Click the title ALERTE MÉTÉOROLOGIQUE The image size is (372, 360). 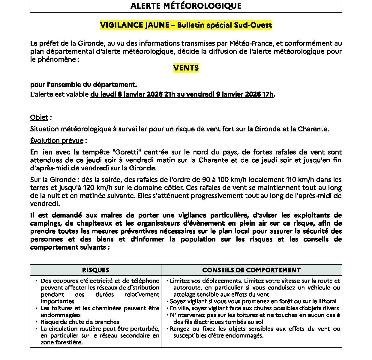pos(186,6)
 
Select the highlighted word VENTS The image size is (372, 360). pos(186,68)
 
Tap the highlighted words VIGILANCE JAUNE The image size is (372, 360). pos(135,25)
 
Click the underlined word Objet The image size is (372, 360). pos(39,117)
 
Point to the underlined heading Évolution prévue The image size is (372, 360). pos(57,140)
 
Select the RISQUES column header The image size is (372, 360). pos(95,270)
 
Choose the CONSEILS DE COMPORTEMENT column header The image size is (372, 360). pos(251,270)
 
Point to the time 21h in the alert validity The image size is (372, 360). pos(168,94)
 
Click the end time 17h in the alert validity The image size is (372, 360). pos(268,94)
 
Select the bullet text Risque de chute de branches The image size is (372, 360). pos(80,322)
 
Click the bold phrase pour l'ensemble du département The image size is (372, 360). pos(83,85)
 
